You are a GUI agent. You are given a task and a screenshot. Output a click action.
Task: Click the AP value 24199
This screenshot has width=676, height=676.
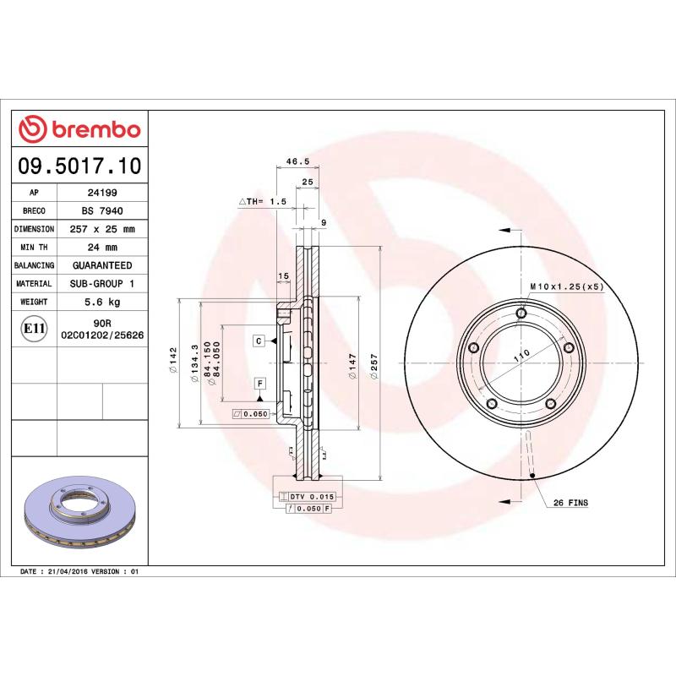point(101,193)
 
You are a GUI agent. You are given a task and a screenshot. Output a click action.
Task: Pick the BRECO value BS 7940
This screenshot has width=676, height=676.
point(101,211)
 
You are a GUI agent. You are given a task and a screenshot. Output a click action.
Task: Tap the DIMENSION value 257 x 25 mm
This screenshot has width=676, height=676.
point(101,229)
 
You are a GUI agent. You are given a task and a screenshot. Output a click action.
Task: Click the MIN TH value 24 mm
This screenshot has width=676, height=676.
point(101,248)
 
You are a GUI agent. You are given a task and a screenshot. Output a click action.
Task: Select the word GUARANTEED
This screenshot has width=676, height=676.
point(101,265)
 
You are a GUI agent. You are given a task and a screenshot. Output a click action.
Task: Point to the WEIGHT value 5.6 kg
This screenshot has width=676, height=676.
point(101,302)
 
